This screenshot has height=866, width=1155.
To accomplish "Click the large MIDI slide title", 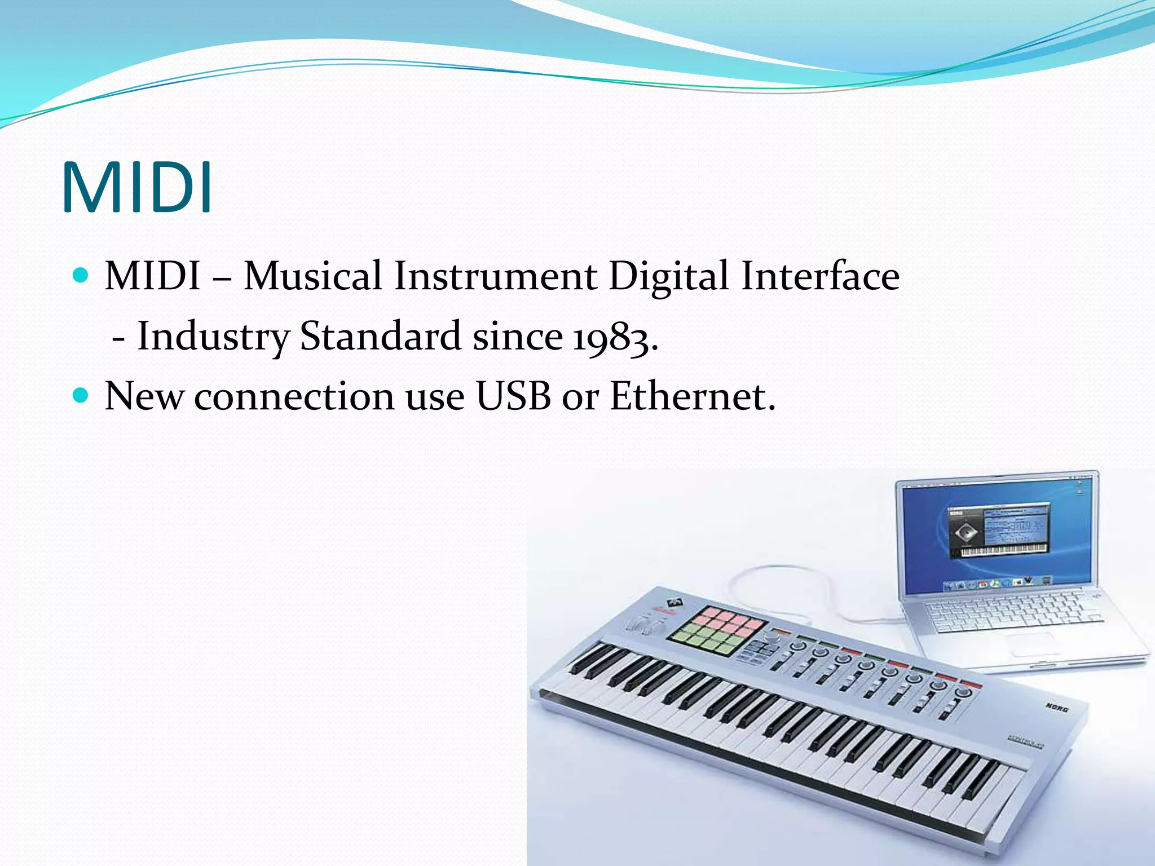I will [137, 187].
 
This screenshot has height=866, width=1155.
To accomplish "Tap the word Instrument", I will [495, 276].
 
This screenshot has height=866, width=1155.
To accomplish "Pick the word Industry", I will [213, 337].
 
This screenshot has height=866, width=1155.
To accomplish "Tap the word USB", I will [513, 396].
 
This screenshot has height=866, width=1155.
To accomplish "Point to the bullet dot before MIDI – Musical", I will [81, 276].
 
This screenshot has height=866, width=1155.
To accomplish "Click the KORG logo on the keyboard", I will [1057, 706].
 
